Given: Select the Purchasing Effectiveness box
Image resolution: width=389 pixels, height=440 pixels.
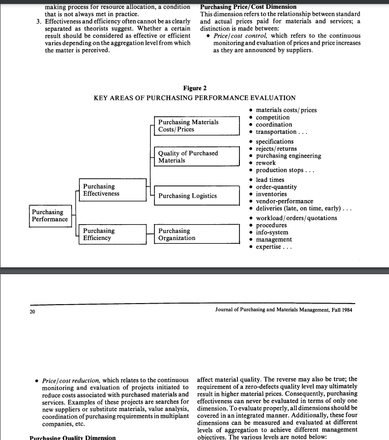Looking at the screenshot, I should point(112,190).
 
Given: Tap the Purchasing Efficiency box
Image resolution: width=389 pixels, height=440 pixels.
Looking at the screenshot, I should point(112,234).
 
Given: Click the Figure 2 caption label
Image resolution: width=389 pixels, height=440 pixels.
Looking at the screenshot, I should point(195,88).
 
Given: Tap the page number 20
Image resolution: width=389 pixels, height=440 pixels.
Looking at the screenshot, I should point(32,311).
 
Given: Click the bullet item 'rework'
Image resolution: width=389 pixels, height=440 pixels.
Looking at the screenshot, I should point(265,163).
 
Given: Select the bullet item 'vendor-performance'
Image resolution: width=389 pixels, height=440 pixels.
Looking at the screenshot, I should point(284,201).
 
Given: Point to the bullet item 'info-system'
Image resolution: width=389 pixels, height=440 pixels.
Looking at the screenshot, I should point(272,233).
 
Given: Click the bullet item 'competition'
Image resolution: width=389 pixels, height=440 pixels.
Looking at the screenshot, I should point(272,118).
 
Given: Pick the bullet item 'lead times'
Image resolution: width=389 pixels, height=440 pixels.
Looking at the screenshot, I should point(270,180).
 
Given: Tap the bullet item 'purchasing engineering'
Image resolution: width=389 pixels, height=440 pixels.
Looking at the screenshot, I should point(288,156).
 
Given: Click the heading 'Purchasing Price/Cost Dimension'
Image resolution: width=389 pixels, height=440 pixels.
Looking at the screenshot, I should point(248,7).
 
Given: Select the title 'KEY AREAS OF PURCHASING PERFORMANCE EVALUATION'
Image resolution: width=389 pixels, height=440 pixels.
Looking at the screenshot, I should point(194,98).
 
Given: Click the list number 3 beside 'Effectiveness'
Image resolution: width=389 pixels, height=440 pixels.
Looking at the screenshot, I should point(38,22).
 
